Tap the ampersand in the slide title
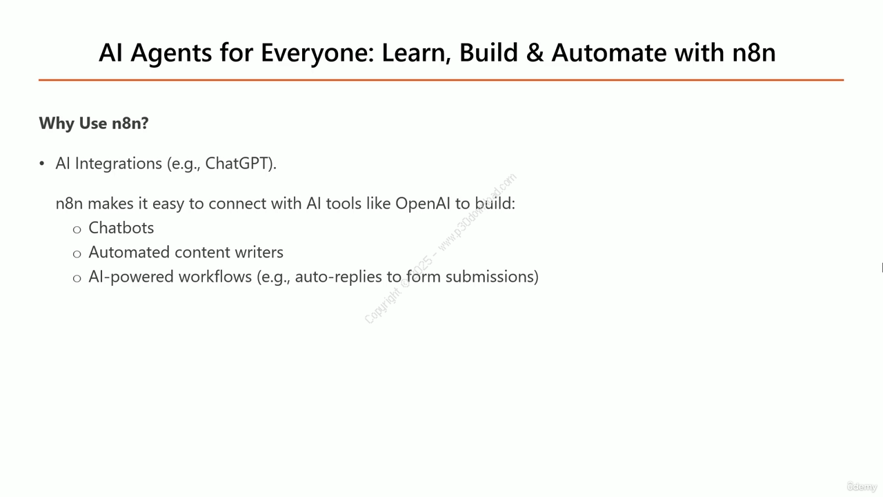point(535,53)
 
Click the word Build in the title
point(488,52)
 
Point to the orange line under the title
point(441,80)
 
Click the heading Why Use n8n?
point(94,123)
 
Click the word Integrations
point(118,164)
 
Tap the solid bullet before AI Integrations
point(42,164)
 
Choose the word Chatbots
point(121,228)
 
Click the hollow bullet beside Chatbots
point(77,230)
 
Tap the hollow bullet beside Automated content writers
point(77,254)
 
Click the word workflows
point(215,277)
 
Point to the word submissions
point(492,277)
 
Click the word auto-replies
point(339,277)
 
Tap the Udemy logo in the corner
point(862,487)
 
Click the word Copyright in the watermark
point(382,306)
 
